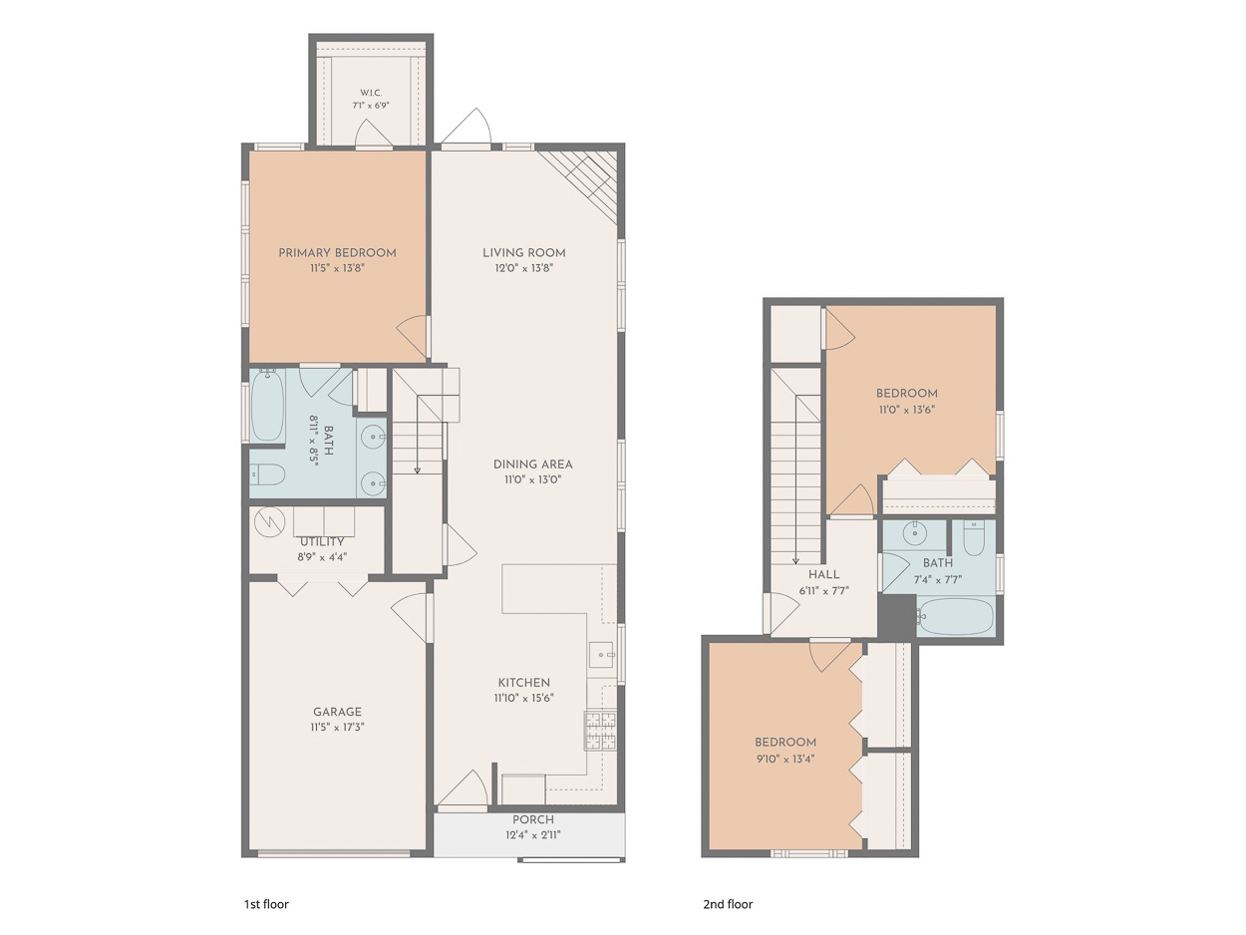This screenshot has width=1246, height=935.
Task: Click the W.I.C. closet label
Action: tap(371, 93)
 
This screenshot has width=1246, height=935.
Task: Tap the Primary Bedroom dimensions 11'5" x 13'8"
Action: tap(337, 268)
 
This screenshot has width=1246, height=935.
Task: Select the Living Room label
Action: tap(524, 252)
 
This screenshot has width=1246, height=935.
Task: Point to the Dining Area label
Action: tap(532, 464)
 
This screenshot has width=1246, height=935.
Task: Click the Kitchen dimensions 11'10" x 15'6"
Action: tap(524, 698)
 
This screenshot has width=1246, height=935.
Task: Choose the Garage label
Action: tap(337, 712)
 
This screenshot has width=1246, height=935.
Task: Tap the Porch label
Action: tap(533, 819)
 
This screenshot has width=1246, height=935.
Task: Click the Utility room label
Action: tap(322, 541)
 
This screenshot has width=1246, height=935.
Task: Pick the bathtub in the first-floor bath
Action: tap(267, 405)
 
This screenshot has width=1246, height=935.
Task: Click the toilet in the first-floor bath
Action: tap(267, 474)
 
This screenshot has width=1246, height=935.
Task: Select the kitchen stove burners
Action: tap(600, 730)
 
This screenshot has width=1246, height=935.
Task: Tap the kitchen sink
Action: tap(602, 655)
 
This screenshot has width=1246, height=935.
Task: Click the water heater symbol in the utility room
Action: tap(269, 521)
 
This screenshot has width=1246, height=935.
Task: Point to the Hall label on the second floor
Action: tap(823, 574)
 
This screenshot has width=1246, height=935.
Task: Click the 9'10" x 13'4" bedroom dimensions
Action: tap(785, 759)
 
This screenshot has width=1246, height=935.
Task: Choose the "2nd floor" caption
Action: tap(728, 904)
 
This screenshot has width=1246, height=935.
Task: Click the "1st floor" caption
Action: tap(266, 904)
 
